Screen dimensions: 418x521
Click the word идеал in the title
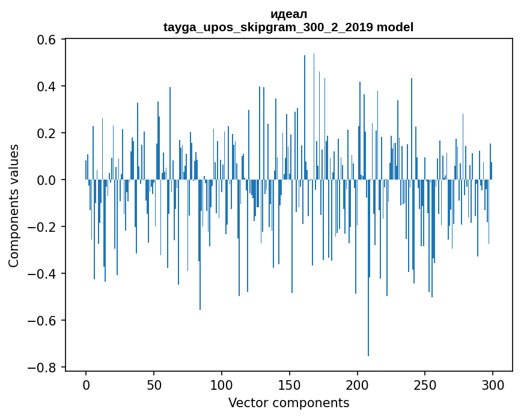coord(288,14)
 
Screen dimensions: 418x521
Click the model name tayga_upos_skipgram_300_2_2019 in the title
coord(269,28)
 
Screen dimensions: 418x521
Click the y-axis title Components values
coord(14,205)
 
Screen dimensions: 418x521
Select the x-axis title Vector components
coord(288,403)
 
